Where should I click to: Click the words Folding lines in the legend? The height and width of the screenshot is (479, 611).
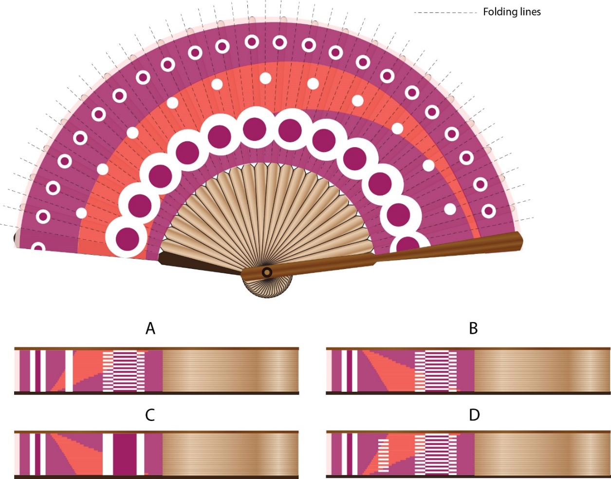(x=511, y=12)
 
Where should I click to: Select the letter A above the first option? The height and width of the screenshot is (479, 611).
(x=150, y=329)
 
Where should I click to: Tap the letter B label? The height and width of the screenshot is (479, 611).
(x=473, y=329)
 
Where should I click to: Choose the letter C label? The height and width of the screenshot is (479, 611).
(x=150, y=415)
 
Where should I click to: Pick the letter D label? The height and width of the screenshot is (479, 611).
(x=474, y=415)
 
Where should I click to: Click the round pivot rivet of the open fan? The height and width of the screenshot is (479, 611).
(x=267, y=272)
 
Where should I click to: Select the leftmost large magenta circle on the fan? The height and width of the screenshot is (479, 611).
(x=126, y=237)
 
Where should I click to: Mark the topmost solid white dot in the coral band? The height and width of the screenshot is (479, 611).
(x=265, y=78)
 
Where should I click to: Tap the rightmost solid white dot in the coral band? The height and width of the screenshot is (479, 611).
(x=450, y=209)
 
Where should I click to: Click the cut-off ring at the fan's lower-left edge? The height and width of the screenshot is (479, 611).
(x=38, y=248)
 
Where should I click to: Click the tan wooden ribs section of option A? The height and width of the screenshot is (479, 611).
(x=229, y=371)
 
